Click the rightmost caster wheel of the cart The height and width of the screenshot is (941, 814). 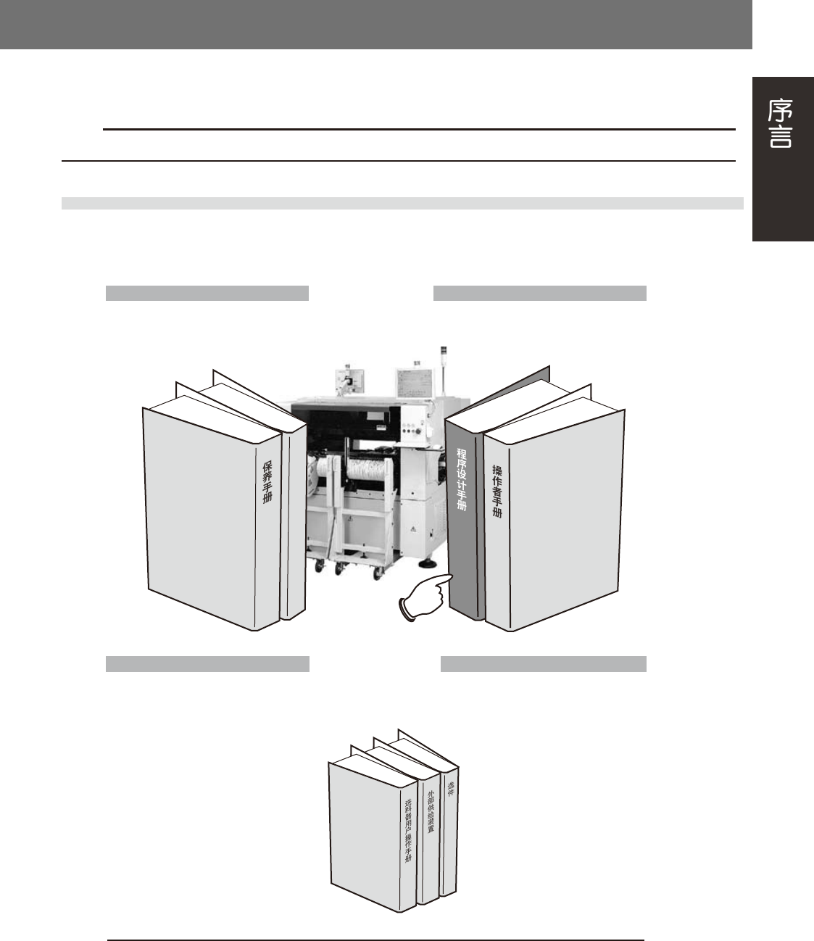378,573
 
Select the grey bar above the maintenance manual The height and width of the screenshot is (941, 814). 207,293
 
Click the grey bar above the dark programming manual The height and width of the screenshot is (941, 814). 539,293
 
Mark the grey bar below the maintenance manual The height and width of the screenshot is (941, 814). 207,664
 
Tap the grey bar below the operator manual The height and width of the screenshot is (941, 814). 544,664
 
